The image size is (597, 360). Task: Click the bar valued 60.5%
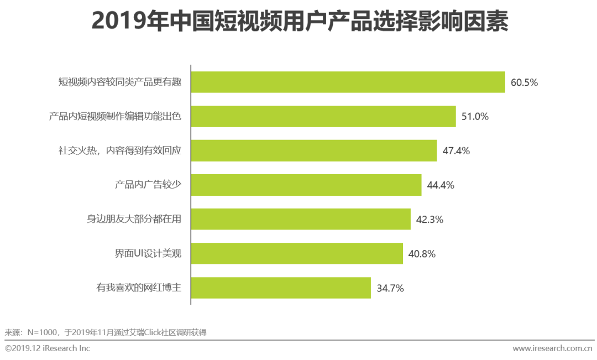point(348,82)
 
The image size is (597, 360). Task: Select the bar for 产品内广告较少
point(306,185)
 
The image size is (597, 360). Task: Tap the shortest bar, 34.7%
point(281,288)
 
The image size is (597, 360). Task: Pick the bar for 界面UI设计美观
point(297,254)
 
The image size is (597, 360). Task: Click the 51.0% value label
point(475,117)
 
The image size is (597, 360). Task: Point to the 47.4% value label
point(456,151)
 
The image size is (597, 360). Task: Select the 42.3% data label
point(430,220)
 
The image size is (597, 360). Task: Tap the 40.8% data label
point(422,254)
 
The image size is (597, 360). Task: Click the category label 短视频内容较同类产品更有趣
point(120,82)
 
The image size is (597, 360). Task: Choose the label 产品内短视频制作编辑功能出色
point(115,117)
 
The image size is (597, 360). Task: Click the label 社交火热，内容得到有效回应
point(120,151)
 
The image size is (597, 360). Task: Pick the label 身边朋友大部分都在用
point(134,220)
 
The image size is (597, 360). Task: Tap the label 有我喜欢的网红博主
point(139,288)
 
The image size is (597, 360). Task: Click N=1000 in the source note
point(42,332)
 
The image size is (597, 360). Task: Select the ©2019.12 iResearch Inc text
point(47,348)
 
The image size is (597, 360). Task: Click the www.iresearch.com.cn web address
point(552,348)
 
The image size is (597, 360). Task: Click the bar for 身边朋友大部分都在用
point(301,220)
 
